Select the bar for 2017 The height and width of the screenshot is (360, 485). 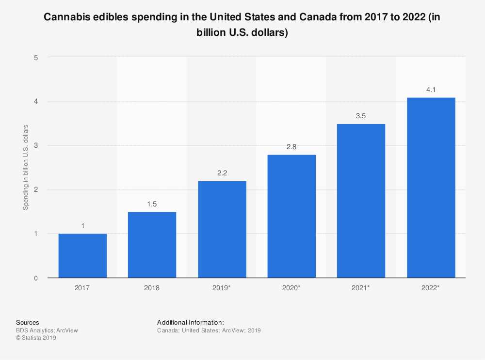pos(82,256)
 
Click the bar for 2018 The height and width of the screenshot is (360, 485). pos(152,245)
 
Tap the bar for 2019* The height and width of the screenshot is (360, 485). pos(222,229)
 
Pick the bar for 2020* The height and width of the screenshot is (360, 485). pos(291,216)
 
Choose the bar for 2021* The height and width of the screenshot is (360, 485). pos(361,201)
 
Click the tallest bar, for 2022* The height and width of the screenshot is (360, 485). pos(431,188)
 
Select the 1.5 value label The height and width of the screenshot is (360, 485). pos(152,204)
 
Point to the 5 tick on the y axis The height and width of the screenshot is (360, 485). pos(36,57)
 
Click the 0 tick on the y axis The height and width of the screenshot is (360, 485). pos(36,278)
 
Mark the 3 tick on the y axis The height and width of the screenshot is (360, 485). pos(36,145)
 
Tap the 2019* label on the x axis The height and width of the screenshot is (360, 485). pos(222,288)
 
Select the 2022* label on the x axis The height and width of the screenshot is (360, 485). pos(431,288)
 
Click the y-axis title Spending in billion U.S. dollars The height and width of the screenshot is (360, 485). pos(26,167)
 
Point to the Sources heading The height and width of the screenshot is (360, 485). pos(28,322)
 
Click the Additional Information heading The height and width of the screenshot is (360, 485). pos(191,322)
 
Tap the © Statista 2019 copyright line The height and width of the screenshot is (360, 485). pos(36,338)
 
